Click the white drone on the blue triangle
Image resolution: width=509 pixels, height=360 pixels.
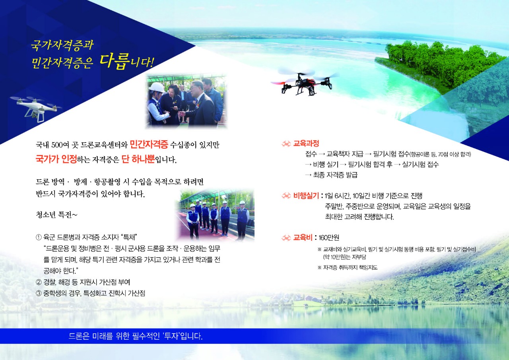tap(36, 108)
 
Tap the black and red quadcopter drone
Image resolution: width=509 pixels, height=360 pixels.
tap(305, 83)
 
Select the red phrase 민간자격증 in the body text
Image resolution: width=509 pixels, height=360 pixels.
tap(149, 144)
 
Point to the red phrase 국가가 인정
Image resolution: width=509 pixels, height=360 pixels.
tap(56, 159)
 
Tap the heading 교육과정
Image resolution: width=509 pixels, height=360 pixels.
tap(306, 143)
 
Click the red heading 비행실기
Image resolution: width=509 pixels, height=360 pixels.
tap(306, 195)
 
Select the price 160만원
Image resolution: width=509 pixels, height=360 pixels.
tap(329, 238)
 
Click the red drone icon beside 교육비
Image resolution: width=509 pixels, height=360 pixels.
tap(286, 238)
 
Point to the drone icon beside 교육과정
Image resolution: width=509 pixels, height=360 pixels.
tap(286, 144)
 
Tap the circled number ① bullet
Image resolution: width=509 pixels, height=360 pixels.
tap(39, 238)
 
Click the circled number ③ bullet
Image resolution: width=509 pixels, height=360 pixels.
tap(39, 293)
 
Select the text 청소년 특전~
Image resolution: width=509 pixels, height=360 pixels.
tap(56, 215)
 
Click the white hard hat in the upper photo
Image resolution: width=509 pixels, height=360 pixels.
tap(157, 88)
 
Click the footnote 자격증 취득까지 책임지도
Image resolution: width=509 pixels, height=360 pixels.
tap(350, 267)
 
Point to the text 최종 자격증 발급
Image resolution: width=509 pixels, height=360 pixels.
tap(335, 175)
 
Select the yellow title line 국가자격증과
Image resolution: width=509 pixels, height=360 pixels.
tap(62, 45)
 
